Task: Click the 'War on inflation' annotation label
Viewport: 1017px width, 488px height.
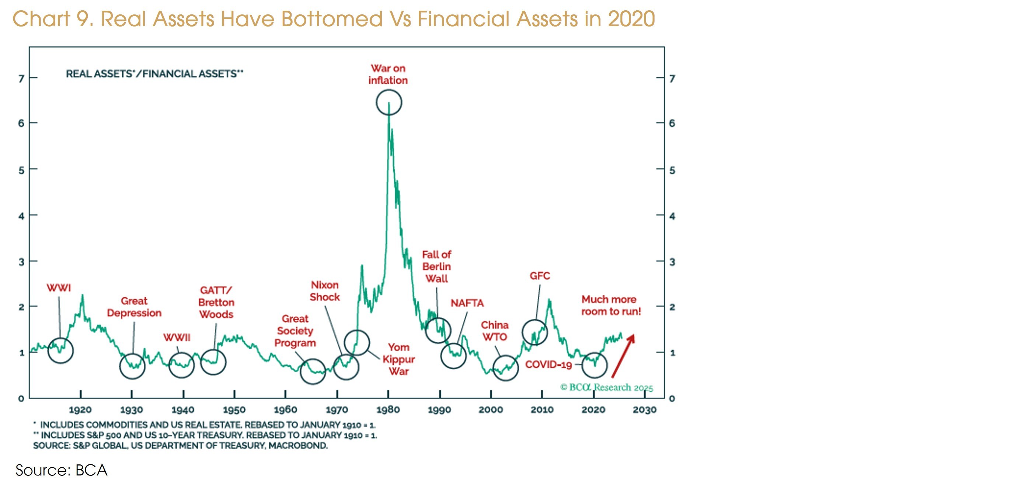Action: (x=388, y=74)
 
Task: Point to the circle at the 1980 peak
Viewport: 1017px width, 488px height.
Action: (x=389, y=102)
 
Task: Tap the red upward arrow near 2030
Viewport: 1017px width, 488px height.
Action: (x=623, y=356)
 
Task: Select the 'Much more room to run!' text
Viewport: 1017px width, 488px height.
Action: (x=611, y=305)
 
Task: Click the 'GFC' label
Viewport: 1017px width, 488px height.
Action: (x=540, y=276)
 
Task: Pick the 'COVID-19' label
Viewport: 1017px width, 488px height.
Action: (x=548, y=365)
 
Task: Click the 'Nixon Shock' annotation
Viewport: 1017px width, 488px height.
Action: (x=324, y=291)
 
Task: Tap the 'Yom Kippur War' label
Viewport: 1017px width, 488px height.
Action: (x=398, y=359)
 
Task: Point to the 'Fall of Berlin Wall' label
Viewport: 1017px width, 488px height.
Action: (x=436, y=266)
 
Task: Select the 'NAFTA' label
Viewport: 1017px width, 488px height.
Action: (x=467, y=303)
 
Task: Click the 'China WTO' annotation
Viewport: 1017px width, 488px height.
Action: (x=495, y=331)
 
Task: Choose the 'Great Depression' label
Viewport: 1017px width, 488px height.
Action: (x=134, y=307)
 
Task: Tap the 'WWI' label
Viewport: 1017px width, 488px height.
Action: (x=59, y=288)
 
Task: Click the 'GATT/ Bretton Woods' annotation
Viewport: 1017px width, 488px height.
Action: (x=216, y=303)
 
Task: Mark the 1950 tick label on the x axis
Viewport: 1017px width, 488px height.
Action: (x=234, y=410)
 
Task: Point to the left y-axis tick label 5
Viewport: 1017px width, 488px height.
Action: (x=21, y=170)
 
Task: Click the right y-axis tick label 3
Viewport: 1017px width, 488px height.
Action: (x=672, y=262)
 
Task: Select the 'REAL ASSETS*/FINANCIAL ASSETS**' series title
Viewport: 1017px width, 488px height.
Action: (x=154, y=74)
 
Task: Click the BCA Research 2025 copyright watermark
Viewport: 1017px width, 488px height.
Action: (x=606, y=387)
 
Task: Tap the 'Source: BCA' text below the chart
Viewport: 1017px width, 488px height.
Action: (x=61, y=470)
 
